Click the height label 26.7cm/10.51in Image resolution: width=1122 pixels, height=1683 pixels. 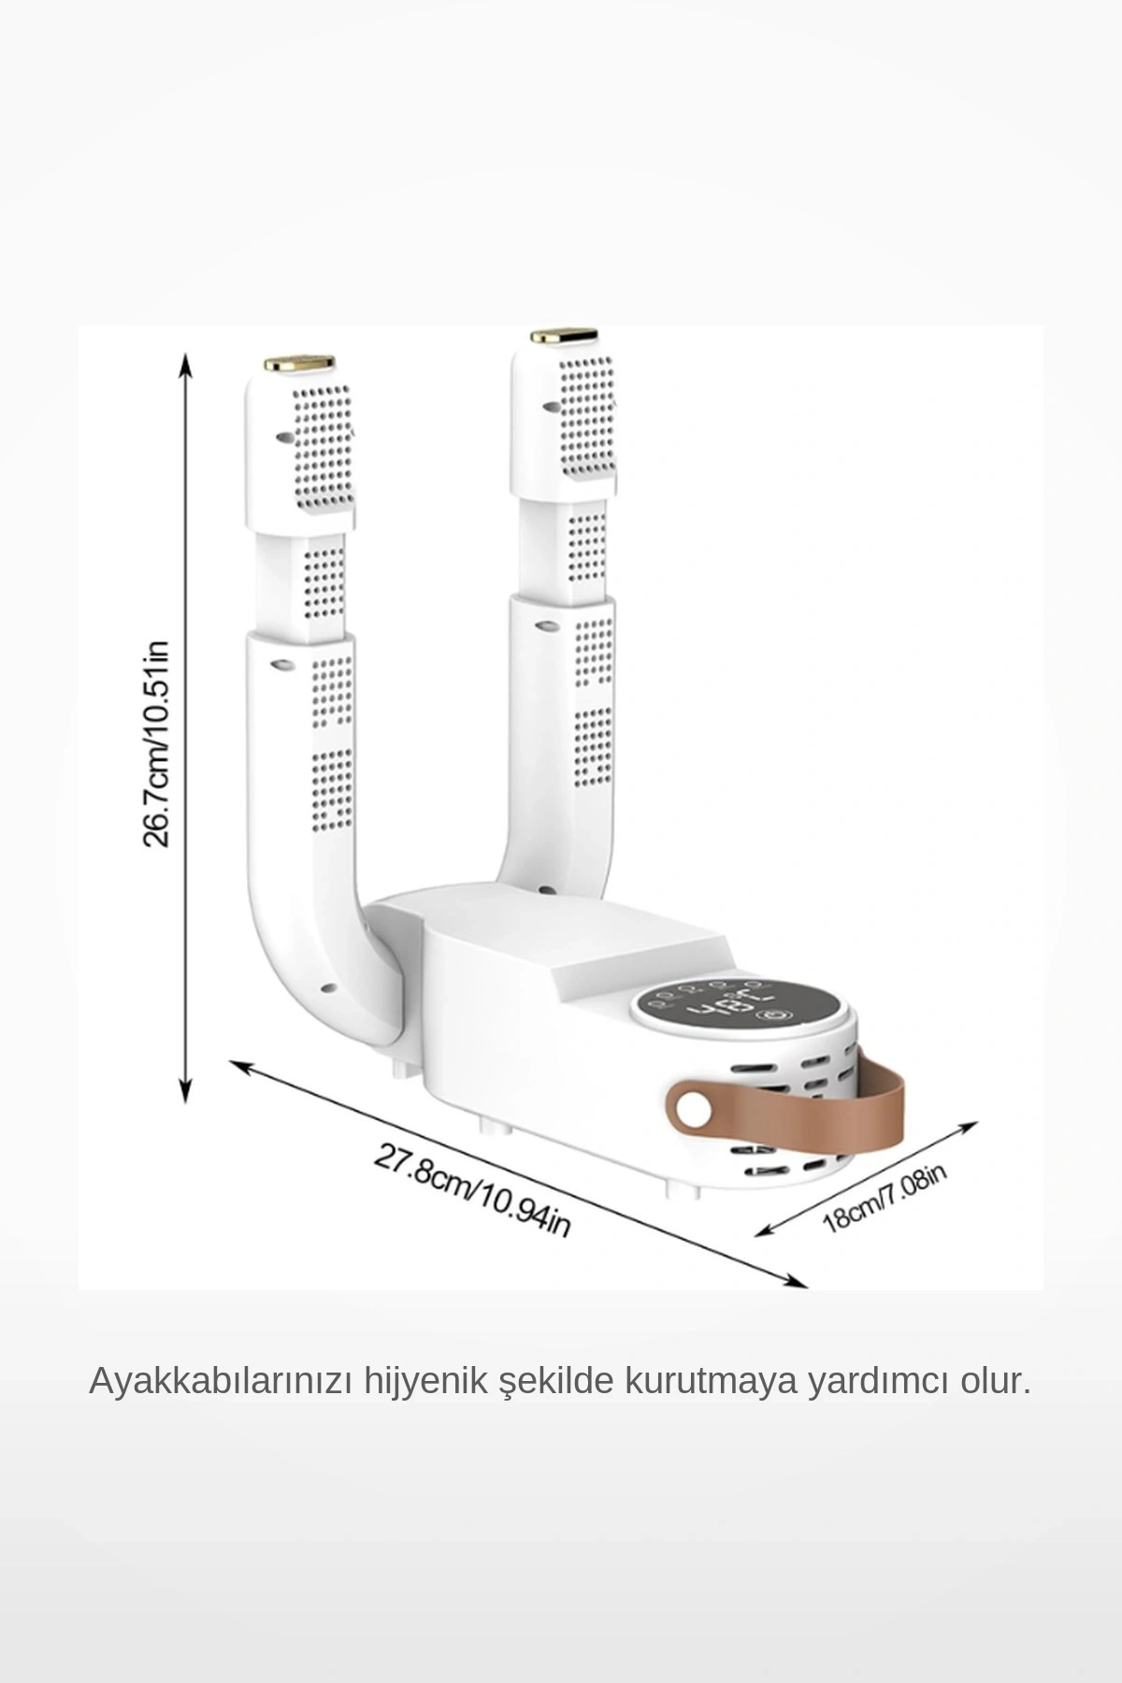155,744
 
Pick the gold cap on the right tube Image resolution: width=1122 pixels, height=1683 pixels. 564,335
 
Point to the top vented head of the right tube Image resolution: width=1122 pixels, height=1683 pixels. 564,421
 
